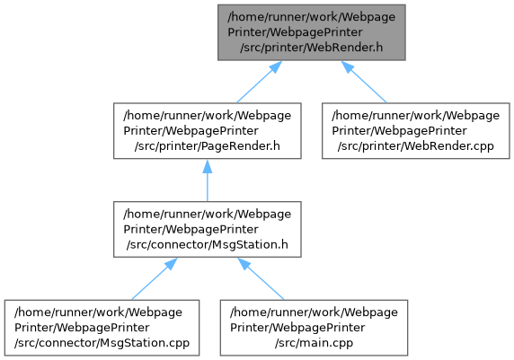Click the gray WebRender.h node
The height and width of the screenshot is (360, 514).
click(x=312, y=32)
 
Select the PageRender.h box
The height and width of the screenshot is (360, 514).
click(x=208, y=131)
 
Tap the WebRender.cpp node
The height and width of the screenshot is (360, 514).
click(x=416, y=131)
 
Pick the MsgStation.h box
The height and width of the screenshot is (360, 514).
click(x=208, y=229)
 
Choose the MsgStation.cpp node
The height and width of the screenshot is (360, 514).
click(x=102, y=328)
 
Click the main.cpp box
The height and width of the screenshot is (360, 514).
click(x=314, y=328)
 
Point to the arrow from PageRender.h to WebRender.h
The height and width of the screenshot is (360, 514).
click(x=259, y=82)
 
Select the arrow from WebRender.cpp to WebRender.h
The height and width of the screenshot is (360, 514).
click(x=364, y=82)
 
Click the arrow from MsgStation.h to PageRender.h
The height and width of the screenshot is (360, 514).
click(x=208, y=180)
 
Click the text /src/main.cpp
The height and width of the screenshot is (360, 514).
click(x=314, y=343)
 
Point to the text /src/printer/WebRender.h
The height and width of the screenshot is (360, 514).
click(x=312, y=48)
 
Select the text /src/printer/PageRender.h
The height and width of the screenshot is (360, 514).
click(x=208, y=146)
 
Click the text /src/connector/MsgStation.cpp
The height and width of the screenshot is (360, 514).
click(x=102, y=343)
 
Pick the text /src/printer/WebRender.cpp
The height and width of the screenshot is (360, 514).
click(x=416, y=146)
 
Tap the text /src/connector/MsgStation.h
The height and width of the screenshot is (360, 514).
click(x=208, y=245)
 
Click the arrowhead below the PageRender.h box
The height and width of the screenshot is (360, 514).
click(x=208, y=166)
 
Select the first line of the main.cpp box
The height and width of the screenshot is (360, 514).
click(x=314, y=312)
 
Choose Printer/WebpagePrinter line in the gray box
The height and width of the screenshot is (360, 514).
click(x=295, y=32)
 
